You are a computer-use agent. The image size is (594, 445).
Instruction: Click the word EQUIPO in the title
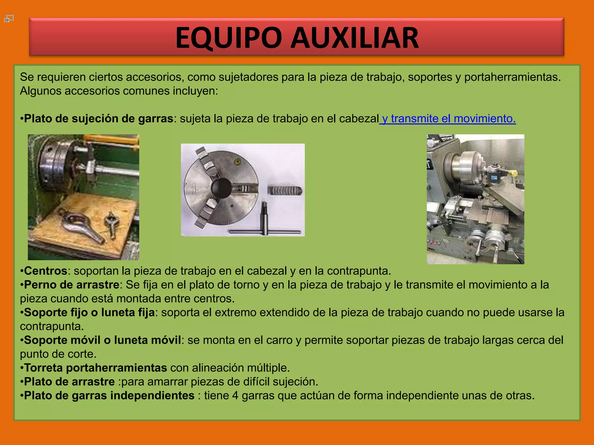click(x=229, y=38)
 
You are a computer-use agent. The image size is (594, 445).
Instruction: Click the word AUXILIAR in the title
click(x=355, y=38)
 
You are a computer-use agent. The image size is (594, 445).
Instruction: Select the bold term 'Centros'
click(x=46, y=271)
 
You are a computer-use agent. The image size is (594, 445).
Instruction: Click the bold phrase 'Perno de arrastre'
click(x=72, y=285)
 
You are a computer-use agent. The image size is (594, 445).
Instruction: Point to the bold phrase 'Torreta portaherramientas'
click(x=95, y=368)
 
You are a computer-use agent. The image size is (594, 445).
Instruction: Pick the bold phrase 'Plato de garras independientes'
click(x=109, y=396)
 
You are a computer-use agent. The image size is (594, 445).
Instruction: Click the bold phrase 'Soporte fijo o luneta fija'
click(x=89, y=313)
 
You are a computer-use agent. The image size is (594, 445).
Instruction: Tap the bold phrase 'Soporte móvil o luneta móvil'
click(x=102, y=340)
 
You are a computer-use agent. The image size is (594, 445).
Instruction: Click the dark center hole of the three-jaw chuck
click(x=221, y=188)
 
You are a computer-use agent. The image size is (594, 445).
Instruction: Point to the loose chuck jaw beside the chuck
click(x=285, y=190)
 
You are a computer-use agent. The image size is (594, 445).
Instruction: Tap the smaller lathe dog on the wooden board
click(x=111, y=223)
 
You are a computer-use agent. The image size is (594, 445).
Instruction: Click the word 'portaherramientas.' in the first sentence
click(x=512, y=77)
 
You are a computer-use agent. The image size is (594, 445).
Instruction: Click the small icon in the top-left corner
click(x=9, y=19)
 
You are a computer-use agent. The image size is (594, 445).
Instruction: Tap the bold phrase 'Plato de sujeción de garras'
click(x=99, y=119)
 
